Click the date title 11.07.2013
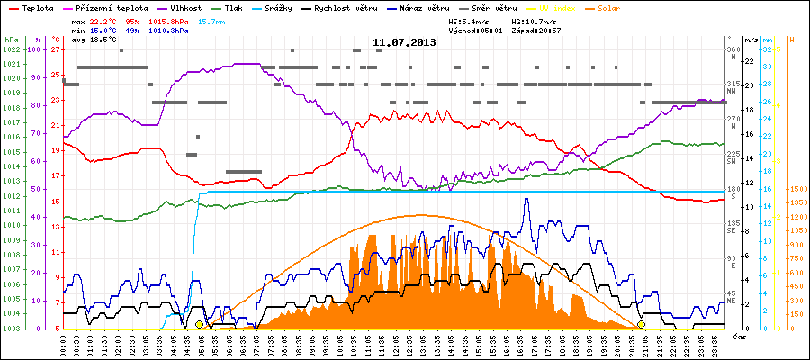tap(404, 42)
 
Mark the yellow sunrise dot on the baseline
tap(199, 324)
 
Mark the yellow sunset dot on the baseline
tap(642, 324)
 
